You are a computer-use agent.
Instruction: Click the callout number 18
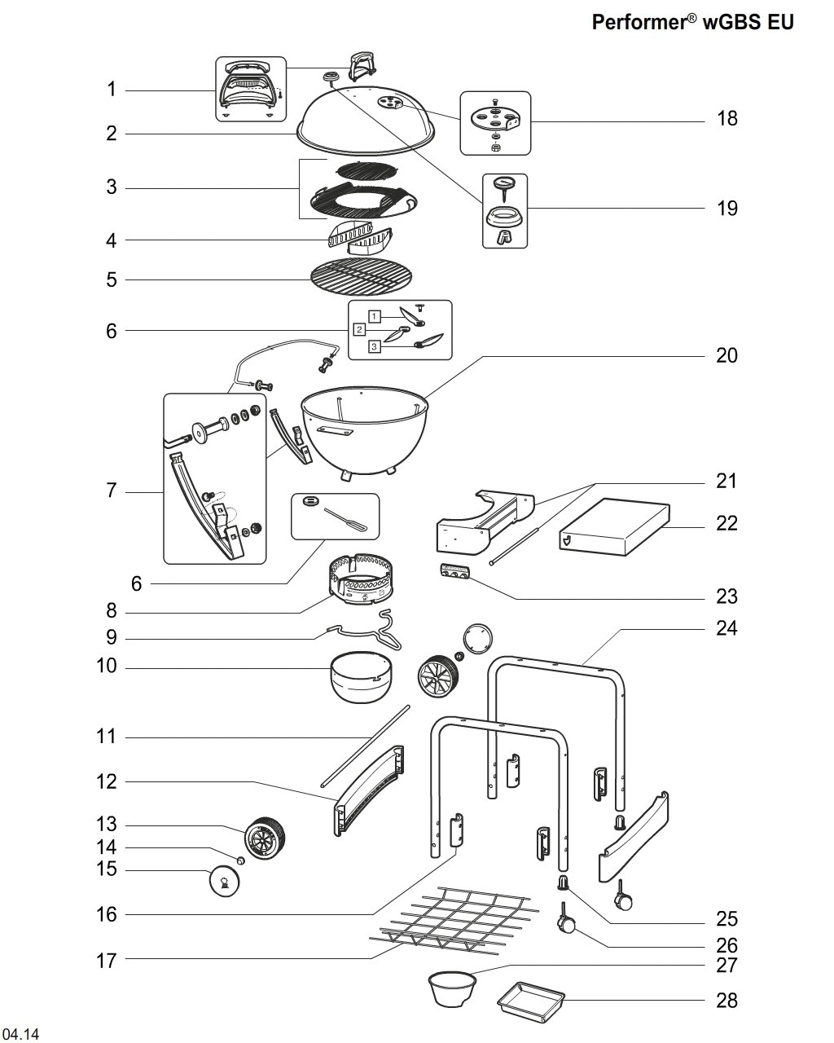pos(726,118)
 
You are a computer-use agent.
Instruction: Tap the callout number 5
pos(112,279)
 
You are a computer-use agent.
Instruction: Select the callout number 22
pos(726,523)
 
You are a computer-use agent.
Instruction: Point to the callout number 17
pos(107,961)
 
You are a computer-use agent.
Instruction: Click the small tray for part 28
pos(530,1000)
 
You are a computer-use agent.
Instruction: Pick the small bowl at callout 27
pos(450,988)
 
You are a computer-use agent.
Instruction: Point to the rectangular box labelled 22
pos(615,530)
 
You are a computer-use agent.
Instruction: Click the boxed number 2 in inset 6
pos(359,329)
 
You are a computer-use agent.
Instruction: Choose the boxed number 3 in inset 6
pos(375,347)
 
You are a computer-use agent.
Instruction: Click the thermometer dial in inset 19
pos(504,183)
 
